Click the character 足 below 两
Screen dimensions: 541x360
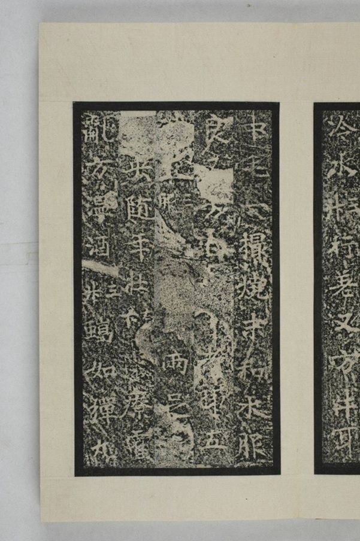coord(177,400)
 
